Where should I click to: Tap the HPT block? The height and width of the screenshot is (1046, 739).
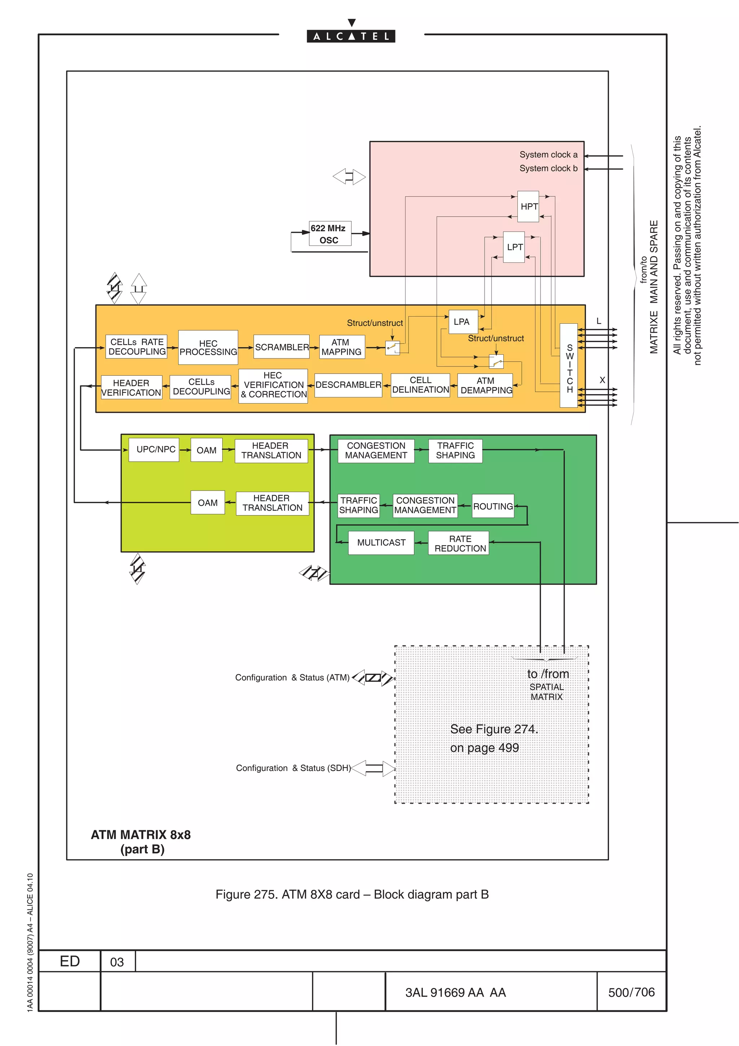[x=529, y=206]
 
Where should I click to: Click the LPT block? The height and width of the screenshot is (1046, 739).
[x=514, y=247]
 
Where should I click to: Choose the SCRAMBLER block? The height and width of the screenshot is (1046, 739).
[x=281, y=347]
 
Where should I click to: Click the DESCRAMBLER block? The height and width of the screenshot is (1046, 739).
[x=348, y=385]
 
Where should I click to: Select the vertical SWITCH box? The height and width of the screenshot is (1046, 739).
[x=569, y=365]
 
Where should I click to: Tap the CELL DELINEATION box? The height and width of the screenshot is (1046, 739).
[x=420, y=385]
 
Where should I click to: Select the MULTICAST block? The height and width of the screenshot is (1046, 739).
[x=381, y=542]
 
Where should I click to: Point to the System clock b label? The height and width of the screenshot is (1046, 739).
[x=548, y=169]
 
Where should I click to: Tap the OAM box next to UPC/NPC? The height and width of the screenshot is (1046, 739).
[x=207, y=450]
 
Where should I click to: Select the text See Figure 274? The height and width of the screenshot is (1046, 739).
[x=494, y=729]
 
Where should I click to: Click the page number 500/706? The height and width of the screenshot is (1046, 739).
[x=631, y=992]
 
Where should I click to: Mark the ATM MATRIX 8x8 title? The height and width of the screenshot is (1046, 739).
[x=141, y=834]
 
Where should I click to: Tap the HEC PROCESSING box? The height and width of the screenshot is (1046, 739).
[x=208, y=348]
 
